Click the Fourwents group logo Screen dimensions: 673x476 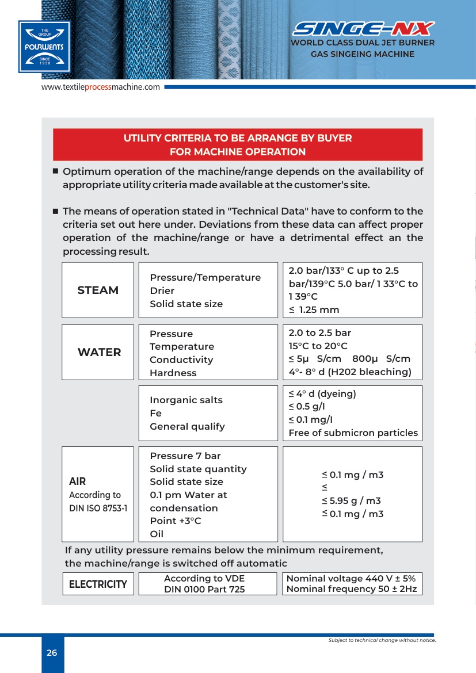(44, 47)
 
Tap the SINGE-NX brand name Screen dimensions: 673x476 (363, 29)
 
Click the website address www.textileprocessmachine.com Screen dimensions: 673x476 (100, 87)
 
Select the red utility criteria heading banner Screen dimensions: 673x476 (238, 145)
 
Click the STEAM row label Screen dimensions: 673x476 (98, 290)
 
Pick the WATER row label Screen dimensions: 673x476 (99, 352)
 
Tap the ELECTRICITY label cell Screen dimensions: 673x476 (98, 584)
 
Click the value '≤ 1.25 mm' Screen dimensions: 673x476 (314, 309)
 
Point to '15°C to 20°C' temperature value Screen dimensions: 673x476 (318, 346)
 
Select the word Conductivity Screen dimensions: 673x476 (181, 360)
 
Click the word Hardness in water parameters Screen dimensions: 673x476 (173, 373)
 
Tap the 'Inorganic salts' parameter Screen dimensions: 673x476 (186, 400)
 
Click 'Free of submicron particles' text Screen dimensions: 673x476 (353, 433)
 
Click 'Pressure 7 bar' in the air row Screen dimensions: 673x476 (185, 456)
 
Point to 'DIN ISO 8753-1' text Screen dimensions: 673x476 (98, 508)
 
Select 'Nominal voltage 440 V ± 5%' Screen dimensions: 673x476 (351, 579)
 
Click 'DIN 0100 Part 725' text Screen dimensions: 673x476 (204, 589)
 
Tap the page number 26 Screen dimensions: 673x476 (52, 653)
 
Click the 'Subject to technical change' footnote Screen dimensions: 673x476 (382, 640)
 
